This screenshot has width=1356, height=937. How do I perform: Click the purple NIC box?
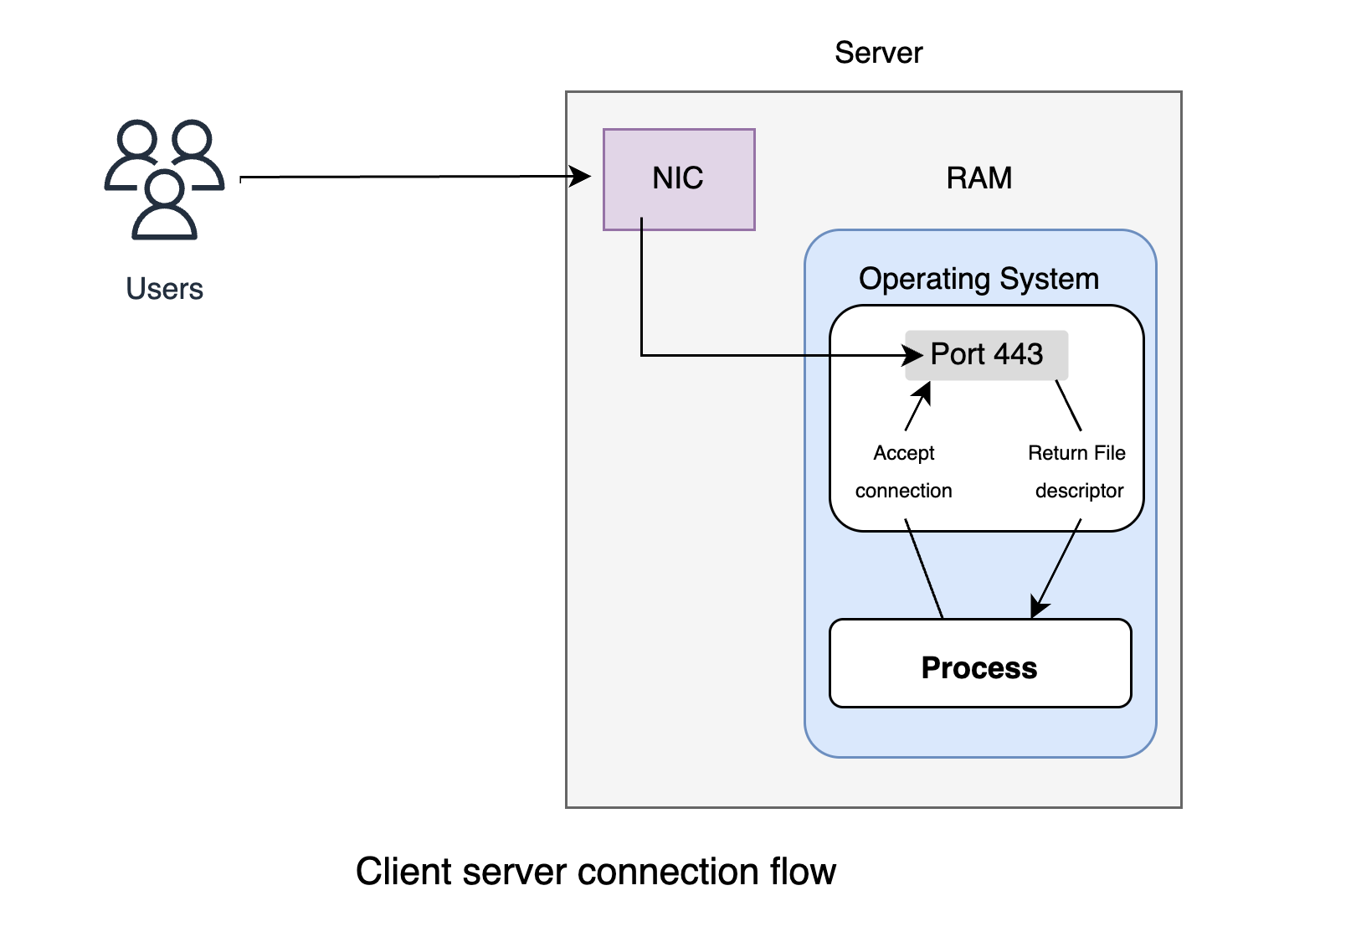(x=679, y=179)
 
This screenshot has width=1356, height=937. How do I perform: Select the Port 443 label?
(x=987, y=355)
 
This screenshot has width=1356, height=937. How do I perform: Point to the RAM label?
(x=978, y=178)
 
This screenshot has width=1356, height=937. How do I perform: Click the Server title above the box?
(x=878, y=53)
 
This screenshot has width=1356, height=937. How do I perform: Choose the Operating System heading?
(x=978, y=279)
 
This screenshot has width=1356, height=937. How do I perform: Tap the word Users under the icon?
(x=164, y=289)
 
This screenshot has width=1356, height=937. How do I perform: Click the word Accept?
(x=903, y=453)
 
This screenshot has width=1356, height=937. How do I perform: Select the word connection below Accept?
(x=903, y=491)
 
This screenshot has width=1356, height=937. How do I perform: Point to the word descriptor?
(x=1079, y=491)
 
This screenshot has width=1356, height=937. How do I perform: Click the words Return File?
(x=1076, y=453)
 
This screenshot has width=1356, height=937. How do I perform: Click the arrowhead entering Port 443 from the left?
(x=914, y=356)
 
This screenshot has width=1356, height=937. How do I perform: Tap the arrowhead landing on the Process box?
(x=1038, y=608)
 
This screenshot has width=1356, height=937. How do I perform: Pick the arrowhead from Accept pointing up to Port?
(x=923, y=390)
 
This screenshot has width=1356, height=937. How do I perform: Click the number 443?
(x=1018, y=355)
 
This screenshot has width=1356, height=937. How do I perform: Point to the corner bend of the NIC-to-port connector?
(x=641, y=356)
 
